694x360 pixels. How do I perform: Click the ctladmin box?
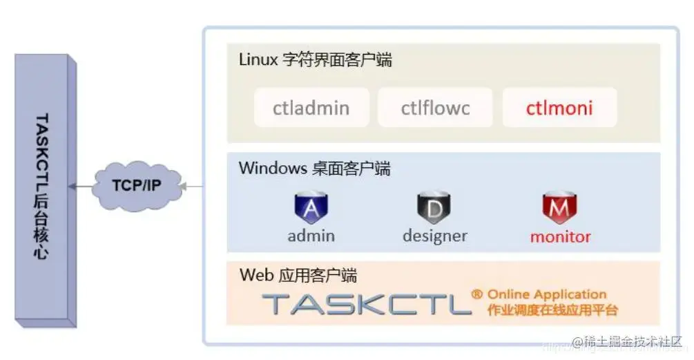[x=311, y=108]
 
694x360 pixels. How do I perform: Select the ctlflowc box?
[x=435, y=108]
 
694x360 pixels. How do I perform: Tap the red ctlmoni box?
[x=559, y=108]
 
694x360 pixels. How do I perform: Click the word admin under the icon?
[x=311, y=236]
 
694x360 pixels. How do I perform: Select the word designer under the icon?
[x=434, y=236]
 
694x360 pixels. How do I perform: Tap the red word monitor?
[x=560, y=236]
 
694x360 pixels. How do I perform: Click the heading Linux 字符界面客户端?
[x=316, y=60]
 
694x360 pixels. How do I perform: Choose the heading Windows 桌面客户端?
[x=314, y=168]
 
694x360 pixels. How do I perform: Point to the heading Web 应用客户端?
[x=298, y=276]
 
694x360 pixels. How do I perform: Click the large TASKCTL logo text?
[x=366, y=304]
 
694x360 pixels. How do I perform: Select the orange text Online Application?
[x=547, y=294]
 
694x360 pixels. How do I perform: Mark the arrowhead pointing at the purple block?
[x=72, y=186]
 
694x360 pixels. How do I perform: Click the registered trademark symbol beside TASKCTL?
[x=476, y=295]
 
